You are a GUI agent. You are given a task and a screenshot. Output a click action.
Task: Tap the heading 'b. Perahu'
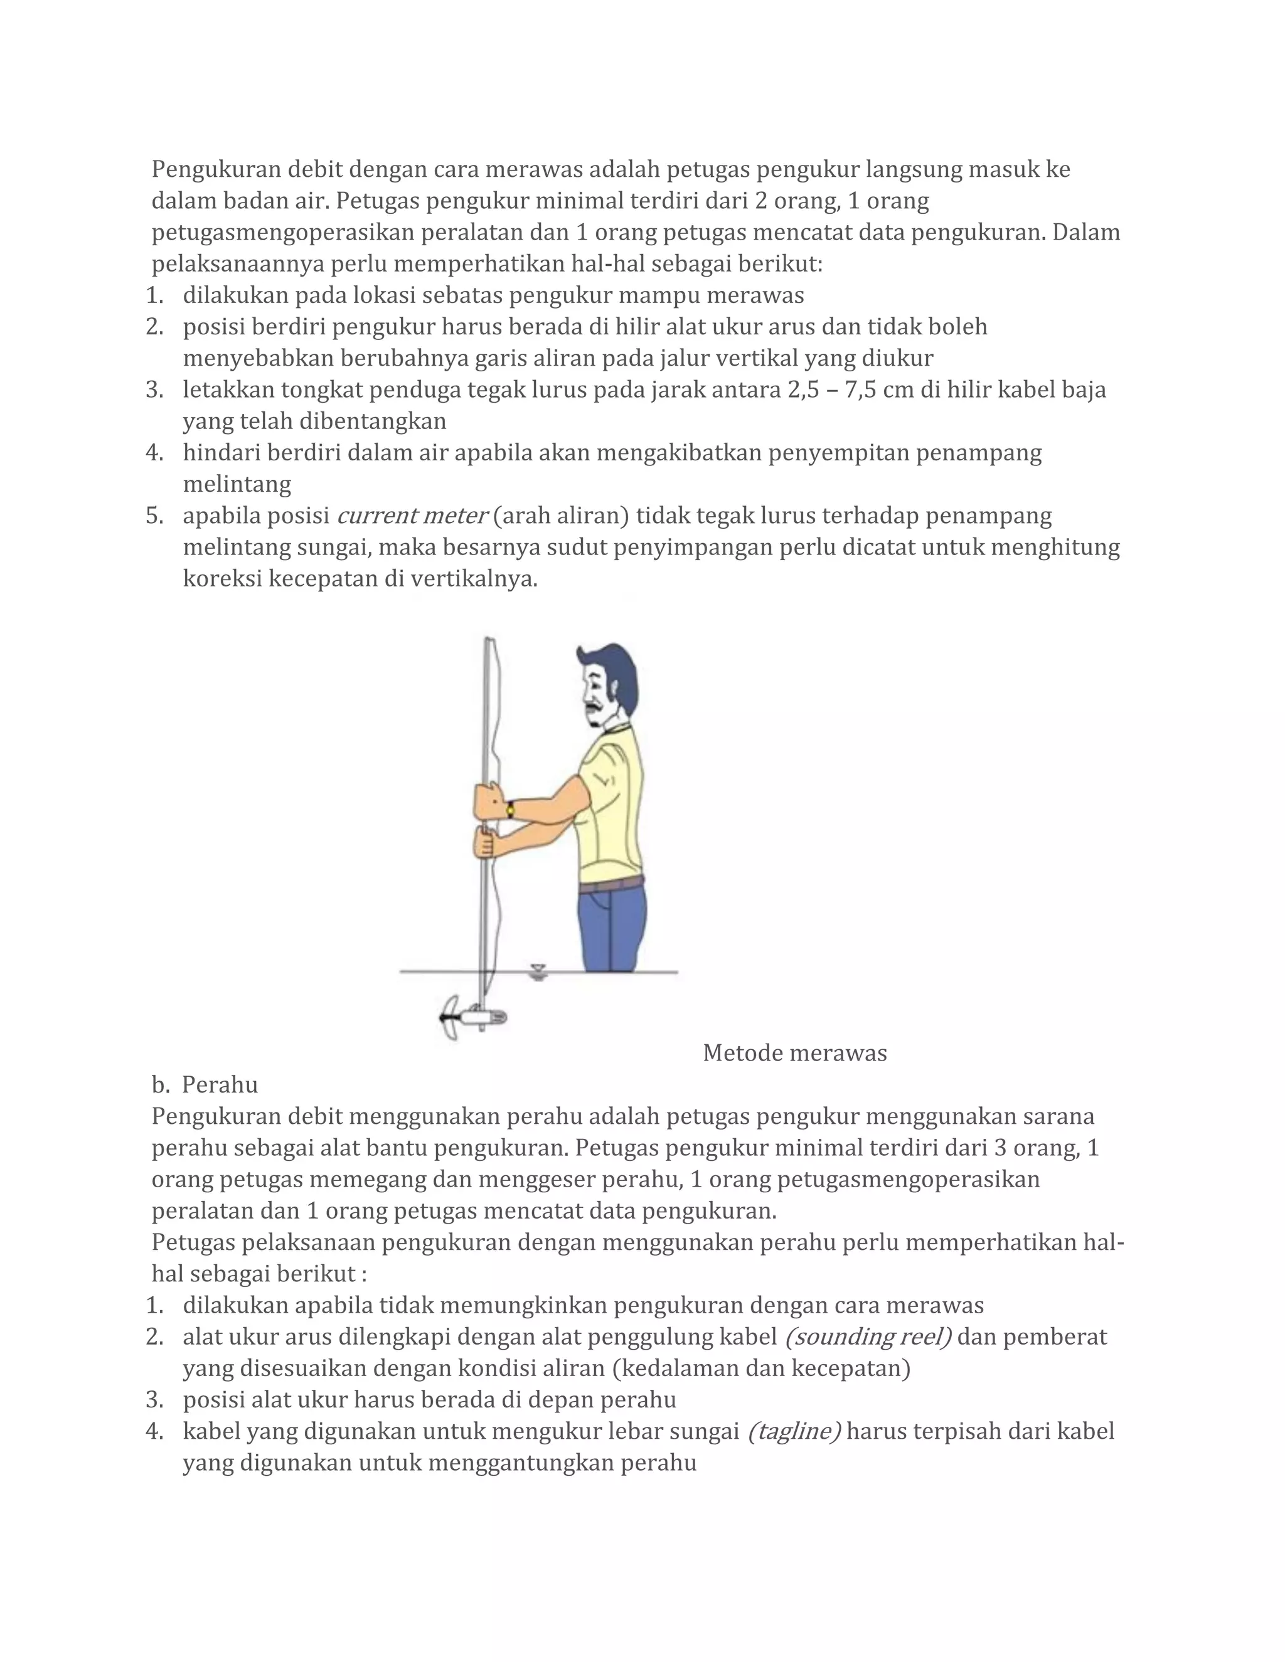pyautogui.click(x=205, y=1084)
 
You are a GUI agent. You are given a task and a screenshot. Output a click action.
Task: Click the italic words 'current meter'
pyautogui.click(x=411, y=516)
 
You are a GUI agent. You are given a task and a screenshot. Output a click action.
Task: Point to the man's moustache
pyautogui.click(x=601, y=707)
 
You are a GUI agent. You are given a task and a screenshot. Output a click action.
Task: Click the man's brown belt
pyautogui.click(x=611, y=884)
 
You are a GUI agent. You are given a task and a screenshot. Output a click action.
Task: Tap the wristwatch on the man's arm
pyautogui.click(x=509, y=808)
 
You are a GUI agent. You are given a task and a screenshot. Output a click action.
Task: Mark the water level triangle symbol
pyautogui.click(x=538, y=969)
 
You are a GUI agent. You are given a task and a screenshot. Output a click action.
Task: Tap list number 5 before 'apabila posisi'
pyautogui.click(x=154, y=516)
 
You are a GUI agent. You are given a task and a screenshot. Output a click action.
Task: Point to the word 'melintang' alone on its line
pyautogui.click(x=237, y=484)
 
